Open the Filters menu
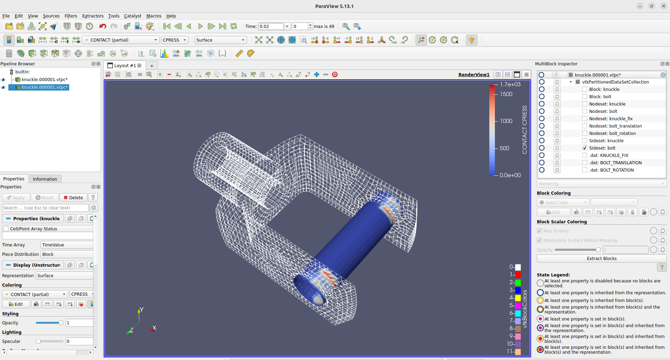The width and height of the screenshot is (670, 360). [x=71, y=16]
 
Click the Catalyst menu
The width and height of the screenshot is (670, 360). [x=132, y=16]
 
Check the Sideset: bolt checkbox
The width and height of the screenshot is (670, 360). [x=585, y=148]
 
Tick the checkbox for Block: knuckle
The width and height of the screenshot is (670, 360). [x=585, y=89]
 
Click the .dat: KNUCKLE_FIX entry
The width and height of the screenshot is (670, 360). [x=608, y=156]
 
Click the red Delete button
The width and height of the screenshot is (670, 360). [x=73, y=198]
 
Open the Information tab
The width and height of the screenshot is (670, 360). [x=45, y=179]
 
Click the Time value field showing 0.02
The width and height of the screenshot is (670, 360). [x=271, y=27]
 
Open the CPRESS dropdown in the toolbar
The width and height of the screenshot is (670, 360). [x=175, y=40]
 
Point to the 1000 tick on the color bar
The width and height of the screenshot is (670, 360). [x=506, y=121]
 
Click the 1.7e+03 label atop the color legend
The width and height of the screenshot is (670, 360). [x=510, y=85]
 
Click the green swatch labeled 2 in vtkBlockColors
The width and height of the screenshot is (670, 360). [x=518, y=282]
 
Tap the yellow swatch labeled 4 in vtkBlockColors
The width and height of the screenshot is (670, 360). [x=518, y=298]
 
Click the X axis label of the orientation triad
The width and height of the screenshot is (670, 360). [x=154, y=328]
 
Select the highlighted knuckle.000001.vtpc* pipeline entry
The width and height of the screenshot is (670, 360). [x=44, y=87]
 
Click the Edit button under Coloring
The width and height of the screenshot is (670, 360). [x=16, y=304]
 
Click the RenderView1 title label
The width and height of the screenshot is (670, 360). [x=474, y=75]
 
